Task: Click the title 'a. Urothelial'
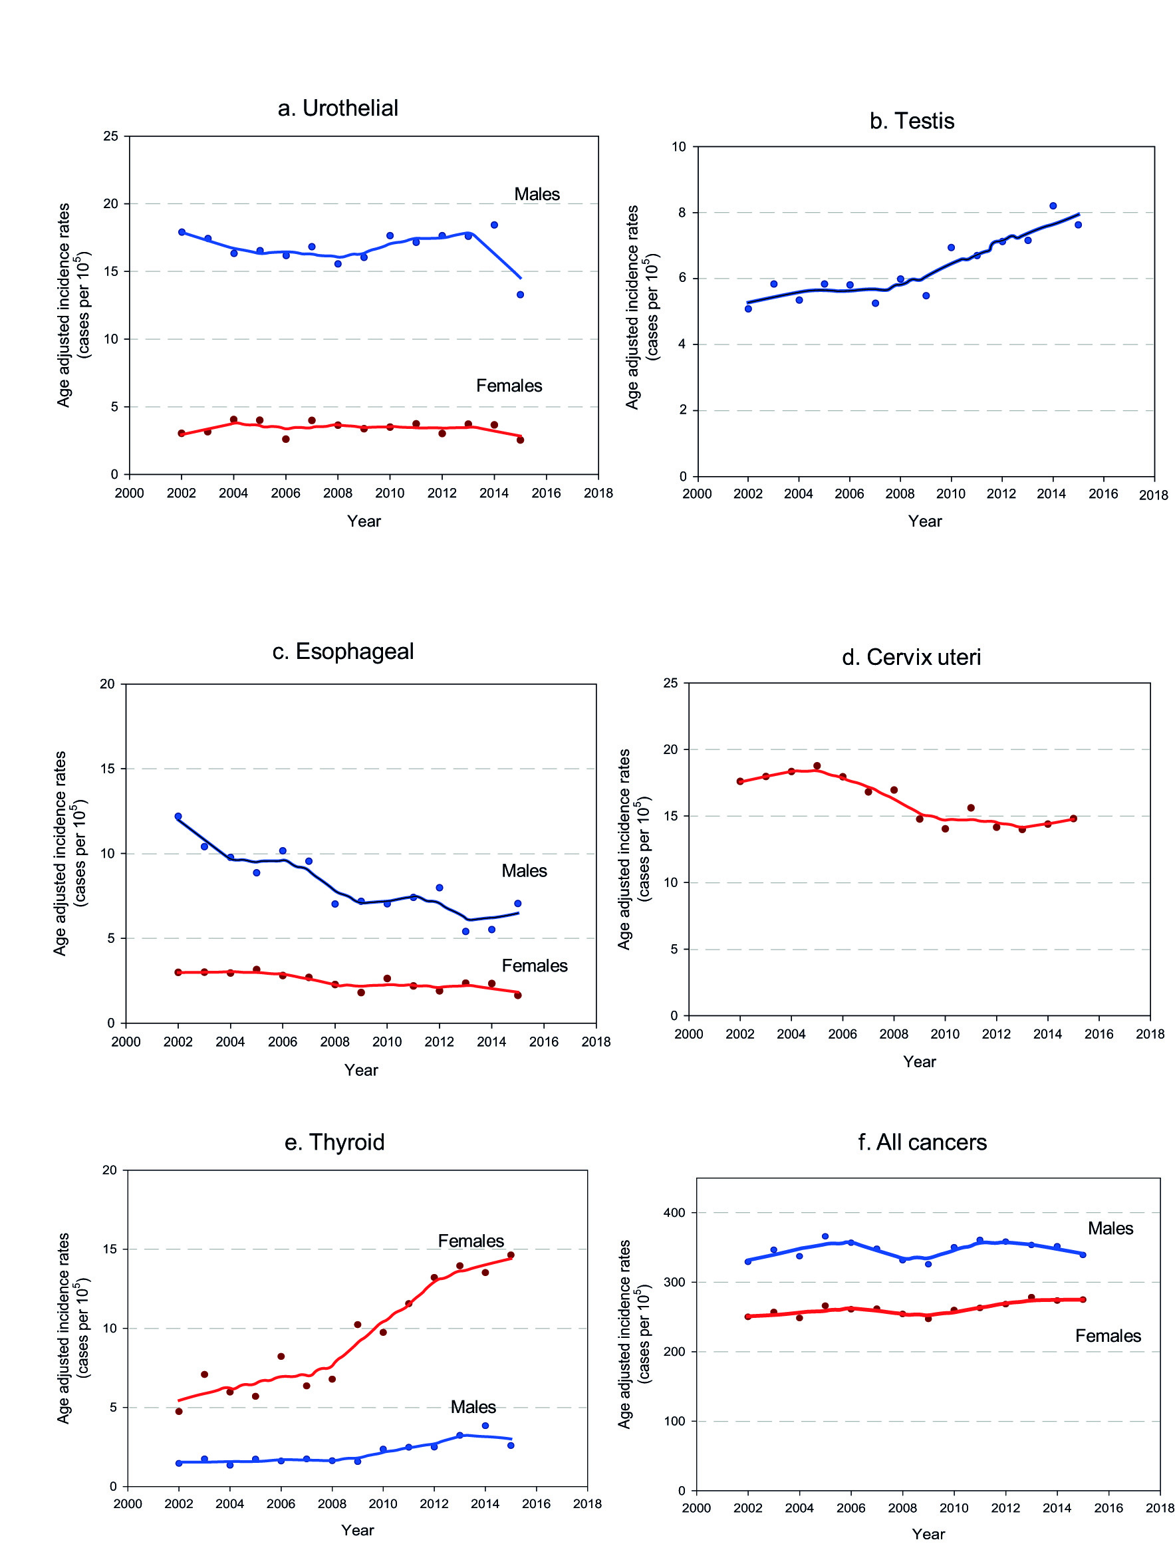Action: pos(338,108)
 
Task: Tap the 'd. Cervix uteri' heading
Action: pos(910,658)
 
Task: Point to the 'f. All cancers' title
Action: pos(922,1142)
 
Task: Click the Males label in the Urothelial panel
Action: pos(537,194)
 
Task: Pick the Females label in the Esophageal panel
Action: pos(535,965)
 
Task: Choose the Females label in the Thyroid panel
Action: pos(471,1241)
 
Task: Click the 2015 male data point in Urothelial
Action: pos(521,295)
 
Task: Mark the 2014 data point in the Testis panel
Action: pos(1053,206)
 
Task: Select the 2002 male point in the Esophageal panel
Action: pos(178,816)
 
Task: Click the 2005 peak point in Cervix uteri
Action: pos(817,766)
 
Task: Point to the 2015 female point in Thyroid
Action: pos(511,1255)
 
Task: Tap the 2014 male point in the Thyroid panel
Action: pos(485,1425)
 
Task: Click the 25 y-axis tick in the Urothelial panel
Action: pos(110,136)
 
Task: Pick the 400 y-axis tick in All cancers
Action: pos(674,1213)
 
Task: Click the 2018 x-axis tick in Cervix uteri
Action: pos(1150,1034)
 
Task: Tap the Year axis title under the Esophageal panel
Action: pos(361,1070)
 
